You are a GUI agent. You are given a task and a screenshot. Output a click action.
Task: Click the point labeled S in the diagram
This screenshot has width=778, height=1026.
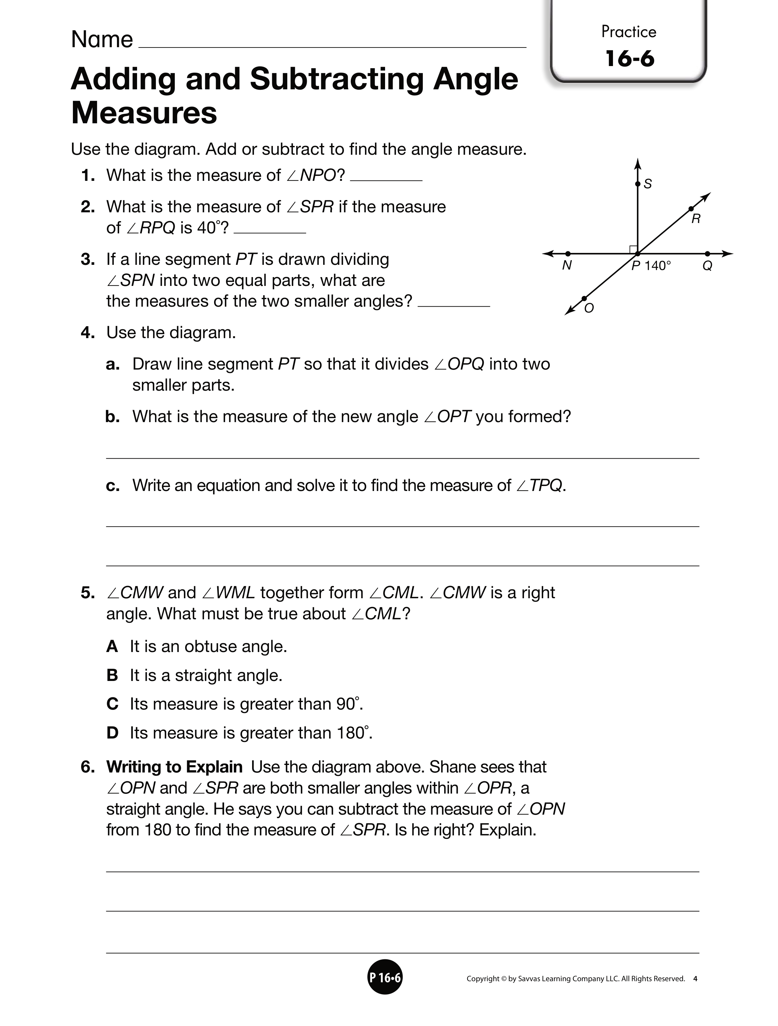pos(637,184)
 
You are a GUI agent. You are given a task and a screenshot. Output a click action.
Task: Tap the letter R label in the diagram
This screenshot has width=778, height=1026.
pos(695,219)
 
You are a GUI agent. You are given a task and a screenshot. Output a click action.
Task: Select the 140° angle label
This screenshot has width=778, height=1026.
pos(658,266)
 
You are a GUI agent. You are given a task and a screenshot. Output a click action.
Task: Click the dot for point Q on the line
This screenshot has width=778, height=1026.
pos(707,254)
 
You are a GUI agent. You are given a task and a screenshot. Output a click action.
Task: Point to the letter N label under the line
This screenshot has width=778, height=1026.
pos(566,266)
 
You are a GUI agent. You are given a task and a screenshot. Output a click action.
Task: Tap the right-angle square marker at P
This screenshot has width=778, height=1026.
pos(633,249)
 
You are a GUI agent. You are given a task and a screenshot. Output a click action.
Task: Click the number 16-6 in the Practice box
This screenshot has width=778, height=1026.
pos(629,59)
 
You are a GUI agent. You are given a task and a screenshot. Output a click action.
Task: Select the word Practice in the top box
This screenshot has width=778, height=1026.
pos(629,31)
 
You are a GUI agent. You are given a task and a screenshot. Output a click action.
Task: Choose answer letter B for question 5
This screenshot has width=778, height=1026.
pos(112,675)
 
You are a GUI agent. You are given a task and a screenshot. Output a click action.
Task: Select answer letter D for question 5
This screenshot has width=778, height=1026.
pos(112,733)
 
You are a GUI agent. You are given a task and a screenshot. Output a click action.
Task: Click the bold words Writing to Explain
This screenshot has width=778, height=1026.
pos(174,767)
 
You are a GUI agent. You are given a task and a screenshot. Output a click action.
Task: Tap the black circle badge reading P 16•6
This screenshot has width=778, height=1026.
pos(385,978)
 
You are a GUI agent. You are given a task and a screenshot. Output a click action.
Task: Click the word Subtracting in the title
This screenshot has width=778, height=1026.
pos(337,79)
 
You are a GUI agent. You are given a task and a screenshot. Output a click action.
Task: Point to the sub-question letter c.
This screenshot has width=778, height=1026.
pos(112,486)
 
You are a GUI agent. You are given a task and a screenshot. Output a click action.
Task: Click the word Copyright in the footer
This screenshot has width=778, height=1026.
pos(483,979)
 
